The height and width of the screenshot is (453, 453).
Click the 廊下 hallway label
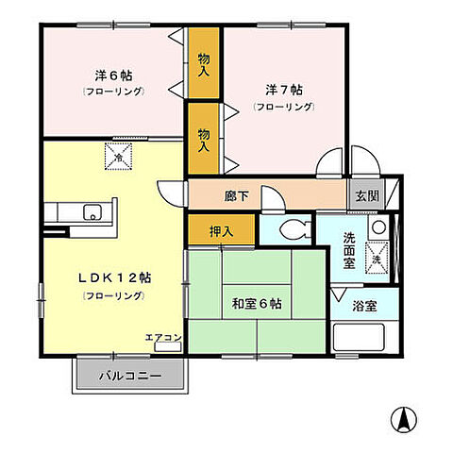(x=238, y=197)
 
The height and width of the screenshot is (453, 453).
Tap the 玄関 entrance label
(x=366, y=195)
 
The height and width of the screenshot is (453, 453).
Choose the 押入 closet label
(x=220, y=229)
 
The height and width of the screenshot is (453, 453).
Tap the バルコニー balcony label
(x=130, y=375)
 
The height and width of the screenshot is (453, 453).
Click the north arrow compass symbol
(x=402, y=418)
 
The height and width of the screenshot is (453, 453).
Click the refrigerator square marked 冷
(x=118, y=154)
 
